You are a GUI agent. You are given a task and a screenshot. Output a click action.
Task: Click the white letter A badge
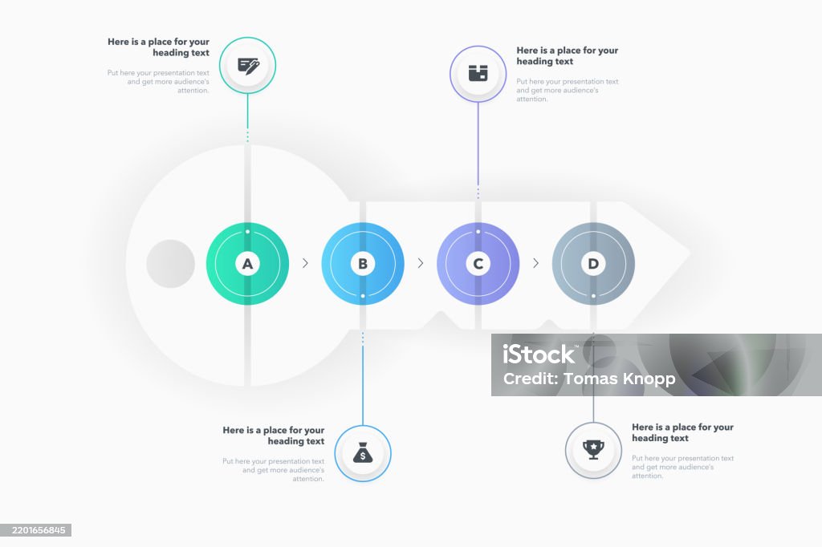[247, 264]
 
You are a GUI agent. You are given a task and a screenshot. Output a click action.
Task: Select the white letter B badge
[363, 264]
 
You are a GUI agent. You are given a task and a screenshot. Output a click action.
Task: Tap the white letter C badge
[478, 264]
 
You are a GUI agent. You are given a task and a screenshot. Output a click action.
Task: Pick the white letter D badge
[593, 264]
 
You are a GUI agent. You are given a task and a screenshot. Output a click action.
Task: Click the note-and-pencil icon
[249, 66]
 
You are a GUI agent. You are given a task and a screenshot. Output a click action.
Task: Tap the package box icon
[478, 73]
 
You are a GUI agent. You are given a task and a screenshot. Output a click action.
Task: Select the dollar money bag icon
[363, 452]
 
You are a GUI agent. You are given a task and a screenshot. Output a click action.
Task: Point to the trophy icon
[593, 449]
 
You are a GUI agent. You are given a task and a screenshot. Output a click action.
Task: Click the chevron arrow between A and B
[305, 263]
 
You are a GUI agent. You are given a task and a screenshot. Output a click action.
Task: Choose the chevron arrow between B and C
[421, 263]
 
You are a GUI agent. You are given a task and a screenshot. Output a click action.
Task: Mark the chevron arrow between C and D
[535, 263]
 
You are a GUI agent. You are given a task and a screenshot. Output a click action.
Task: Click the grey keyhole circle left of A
[170, 264]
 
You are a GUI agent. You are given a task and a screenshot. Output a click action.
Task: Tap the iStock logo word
[539, 355]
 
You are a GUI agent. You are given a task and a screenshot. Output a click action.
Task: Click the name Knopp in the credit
[648, 379]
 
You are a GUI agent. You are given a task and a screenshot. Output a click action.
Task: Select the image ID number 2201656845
[39, 530]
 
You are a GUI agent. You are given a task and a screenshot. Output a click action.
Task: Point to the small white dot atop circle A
[247, 232]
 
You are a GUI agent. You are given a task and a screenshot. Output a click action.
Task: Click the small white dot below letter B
[363, 296]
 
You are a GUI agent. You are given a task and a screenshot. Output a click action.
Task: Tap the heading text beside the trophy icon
[682, 433]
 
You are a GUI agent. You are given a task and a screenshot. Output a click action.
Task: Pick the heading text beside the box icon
[568, 55]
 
